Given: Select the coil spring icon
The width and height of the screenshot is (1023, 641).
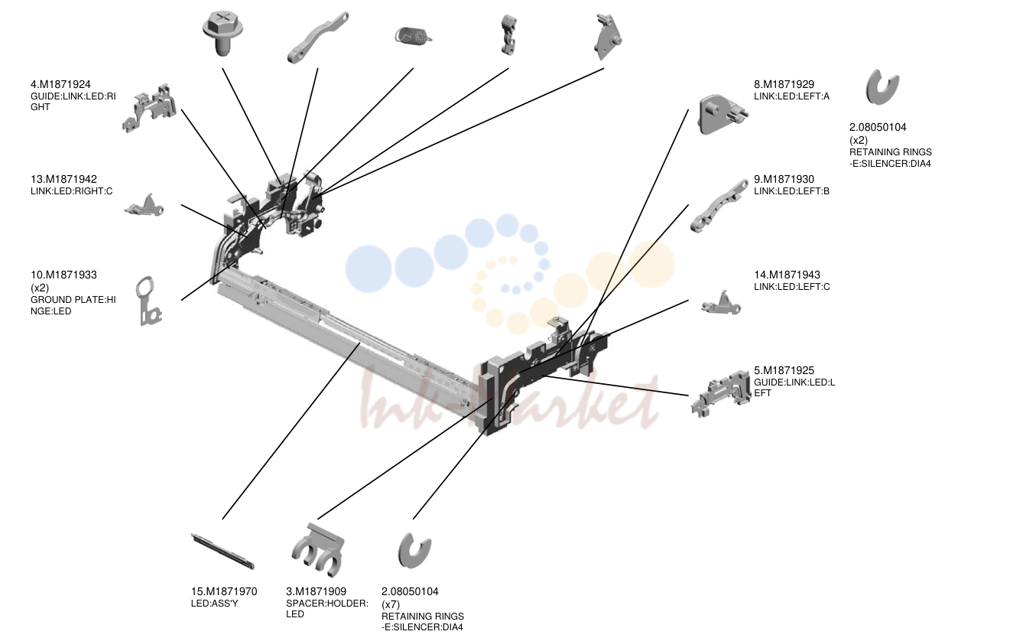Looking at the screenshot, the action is coord(414,37).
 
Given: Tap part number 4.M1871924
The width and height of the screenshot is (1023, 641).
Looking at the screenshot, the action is coord(60,84).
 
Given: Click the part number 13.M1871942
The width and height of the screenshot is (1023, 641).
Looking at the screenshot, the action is coord(63,179).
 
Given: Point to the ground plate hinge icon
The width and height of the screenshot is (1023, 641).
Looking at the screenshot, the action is coord(148,301).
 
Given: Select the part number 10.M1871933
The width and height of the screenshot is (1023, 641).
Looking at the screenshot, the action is coord(63,275).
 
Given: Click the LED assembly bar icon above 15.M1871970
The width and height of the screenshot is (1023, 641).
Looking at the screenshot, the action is coord(222,551).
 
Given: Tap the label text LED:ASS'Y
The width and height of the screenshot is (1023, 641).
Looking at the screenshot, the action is coord(215,604).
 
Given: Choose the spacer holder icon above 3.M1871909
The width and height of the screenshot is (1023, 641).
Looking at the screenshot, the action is coord(318,550).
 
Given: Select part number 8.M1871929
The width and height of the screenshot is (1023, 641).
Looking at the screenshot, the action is coord(784,84).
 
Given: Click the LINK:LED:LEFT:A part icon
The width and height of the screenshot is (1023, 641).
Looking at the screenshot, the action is coord(723,114).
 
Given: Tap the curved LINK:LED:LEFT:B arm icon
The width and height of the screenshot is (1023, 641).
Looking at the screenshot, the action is coord(719,207).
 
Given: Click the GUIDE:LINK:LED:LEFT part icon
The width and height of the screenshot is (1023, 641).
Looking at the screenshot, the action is coord(721,393).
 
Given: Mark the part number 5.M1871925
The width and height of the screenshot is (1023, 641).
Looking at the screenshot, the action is coord(784,370).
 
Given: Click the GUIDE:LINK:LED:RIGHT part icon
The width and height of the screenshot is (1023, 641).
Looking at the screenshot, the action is coord(149,109).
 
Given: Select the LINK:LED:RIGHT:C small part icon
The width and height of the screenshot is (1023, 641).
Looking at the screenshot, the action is coord(144,205).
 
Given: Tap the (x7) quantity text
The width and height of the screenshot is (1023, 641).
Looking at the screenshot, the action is coord(391,604).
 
